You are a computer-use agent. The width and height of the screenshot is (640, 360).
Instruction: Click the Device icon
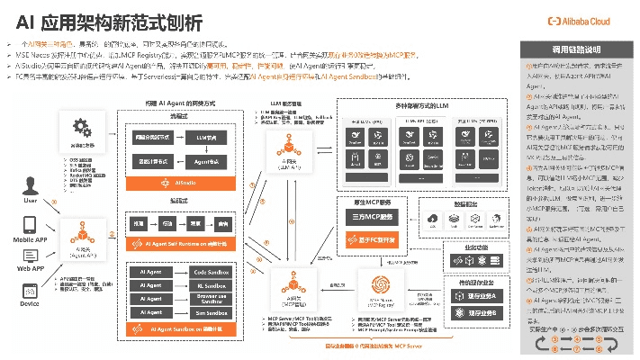tap(30, 290)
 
